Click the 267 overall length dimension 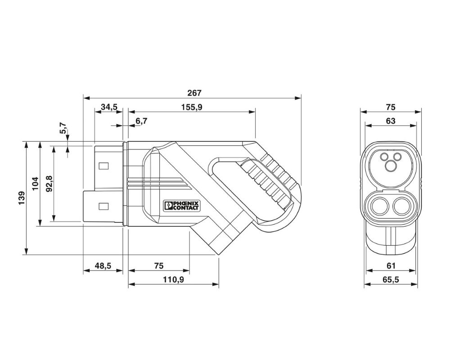click(x=194, y=93)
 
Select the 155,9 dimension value click(x=192, y=107)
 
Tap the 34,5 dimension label click(x=109, y=107)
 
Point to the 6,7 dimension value click(x=141, y=121)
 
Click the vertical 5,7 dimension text click(x=63, y=128)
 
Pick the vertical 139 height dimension click(x=22, y=198)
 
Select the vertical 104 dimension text click(x=35, y=184)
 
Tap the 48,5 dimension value click(x=103, y=266)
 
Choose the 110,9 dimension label click(x=174, y=279)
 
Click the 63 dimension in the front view click(x=391, y=121)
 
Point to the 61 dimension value click(x=391, y=266)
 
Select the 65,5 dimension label click(x=391, y=279)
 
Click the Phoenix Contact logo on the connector click(x=181, y=206)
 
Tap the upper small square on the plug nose click(x=103, y=166)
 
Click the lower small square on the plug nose click(x=103, y=206)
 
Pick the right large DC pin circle click(x=402, y=207)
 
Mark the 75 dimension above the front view click(x=391, y=107)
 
